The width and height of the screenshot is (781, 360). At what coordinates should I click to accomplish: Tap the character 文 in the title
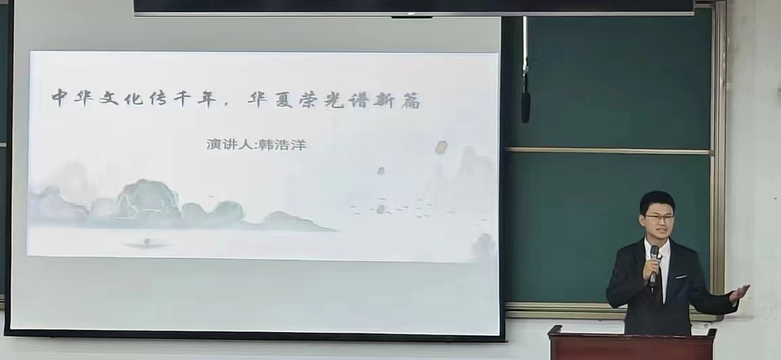tap(108, 98)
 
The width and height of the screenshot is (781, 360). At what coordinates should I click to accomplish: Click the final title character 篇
tap(410, 101)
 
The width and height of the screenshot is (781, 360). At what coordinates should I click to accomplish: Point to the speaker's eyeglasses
tap(660, 218)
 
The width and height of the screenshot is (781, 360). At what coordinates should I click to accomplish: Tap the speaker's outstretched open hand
tap(739, 294)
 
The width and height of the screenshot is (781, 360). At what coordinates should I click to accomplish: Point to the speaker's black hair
tap(656, 201)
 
